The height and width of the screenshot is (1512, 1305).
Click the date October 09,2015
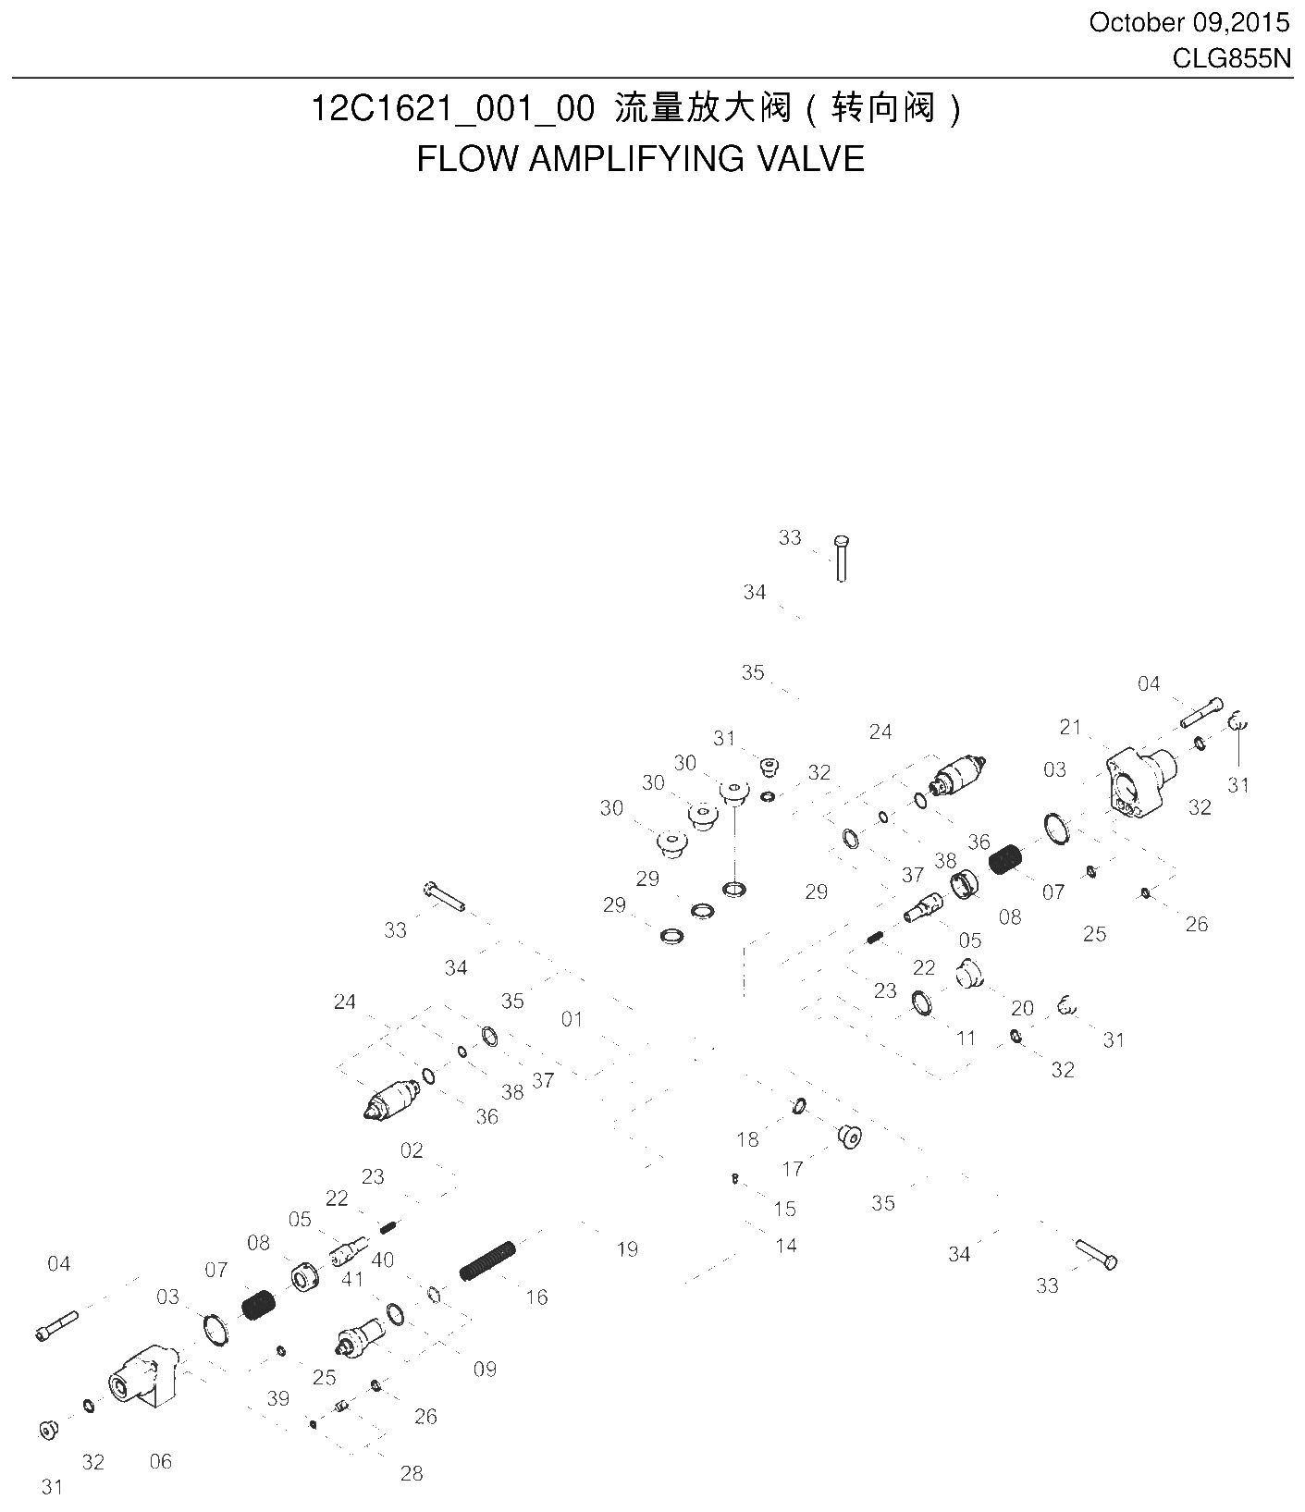(x=1188, y=22)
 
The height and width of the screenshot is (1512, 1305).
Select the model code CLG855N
(x=1230, y=57)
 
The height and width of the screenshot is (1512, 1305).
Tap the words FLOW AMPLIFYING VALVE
(x=640, y=159)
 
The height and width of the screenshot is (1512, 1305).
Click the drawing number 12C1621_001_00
(x=452, y=109)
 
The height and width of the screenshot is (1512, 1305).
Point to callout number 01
(x=572, y=1018)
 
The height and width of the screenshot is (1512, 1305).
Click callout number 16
(x=536, y=1297)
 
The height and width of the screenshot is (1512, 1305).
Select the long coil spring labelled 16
(x=489, y=1261)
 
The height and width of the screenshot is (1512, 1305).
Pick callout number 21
(x=1070, y=727)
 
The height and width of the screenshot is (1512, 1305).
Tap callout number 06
(x=161, y=1461)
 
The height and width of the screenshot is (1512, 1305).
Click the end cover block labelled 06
(x=142, y=1377)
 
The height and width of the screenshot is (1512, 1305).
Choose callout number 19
(x=627, y=1249)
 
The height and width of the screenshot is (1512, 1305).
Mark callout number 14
(x=785, y=1246)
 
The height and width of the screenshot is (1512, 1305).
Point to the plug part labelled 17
(x=849, y=1137)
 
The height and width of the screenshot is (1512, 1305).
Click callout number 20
(x=1022, y=1008)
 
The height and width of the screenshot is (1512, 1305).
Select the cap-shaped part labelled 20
(x=970, y=974)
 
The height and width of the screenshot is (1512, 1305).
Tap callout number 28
(x=412, y=1473)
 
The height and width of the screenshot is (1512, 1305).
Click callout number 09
(x=485, y=1369)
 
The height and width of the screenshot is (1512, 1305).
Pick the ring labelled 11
(x=921, y=1002)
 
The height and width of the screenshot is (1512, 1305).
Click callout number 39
(x=278, y=1398)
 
